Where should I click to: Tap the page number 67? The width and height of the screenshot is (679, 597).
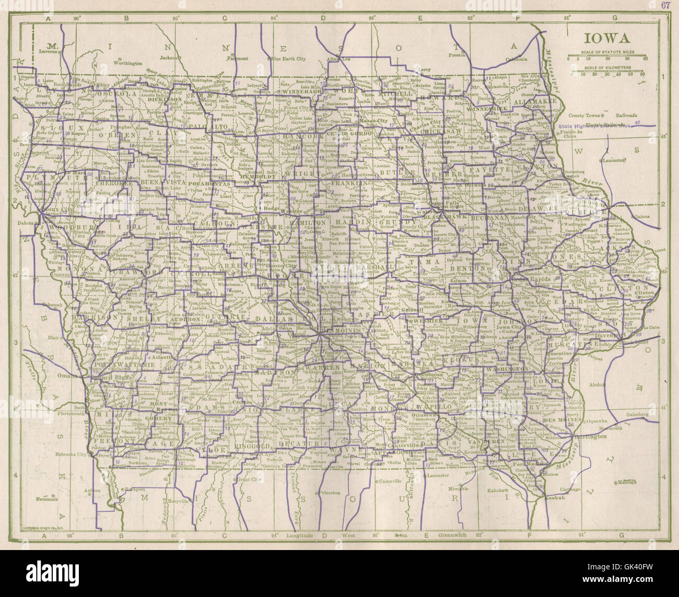click(664, 6)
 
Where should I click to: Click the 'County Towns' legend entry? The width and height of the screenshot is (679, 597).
click(585, 115)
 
